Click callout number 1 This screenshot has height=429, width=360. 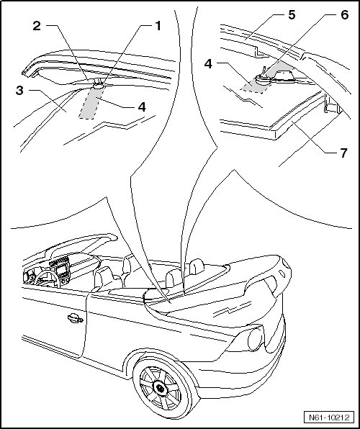pos(158,26)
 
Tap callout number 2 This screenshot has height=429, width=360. pos(37,26)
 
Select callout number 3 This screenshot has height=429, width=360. pos(19,90)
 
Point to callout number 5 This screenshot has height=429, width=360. pos(292,15)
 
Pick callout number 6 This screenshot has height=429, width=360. pos(344,15)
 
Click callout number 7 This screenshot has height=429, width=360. pos(343,153)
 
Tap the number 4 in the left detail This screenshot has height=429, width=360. pos(142,107)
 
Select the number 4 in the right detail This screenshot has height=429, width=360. pos(208,64)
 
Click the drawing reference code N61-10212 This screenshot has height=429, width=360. pos(329,417)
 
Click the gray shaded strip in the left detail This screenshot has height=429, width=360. pos(91,103)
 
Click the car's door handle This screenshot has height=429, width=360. pos(75,318)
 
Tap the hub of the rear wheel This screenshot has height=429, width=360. pos(160,388)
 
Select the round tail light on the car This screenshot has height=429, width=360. pos(255,339)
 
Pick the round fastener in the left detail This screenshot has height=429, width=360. pos(99,85)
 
